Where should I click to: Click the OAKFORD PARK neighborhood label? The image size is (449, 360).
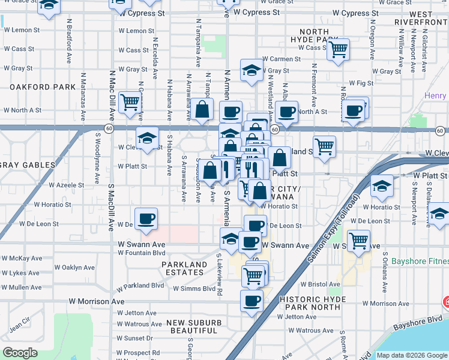point(42,87)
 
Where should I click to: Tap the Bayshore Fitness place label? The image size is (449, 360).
point(419,262)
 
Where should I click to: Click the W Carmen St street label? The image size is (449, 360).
point(282,59)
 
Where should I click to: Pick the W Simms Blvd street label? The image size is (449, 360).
point(193,289)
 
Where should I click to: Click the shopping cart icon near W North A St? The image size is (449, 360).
point(130,102)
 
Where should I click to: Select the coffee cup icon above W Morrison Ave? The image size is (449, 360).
point(252,299)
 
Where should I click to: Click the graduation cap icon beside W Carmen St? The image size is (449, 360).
point(252,70)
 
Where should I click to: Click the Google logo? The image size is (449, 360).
point(20,353)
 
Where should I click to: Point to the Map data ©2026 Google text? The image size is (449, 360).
point(411,355)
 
